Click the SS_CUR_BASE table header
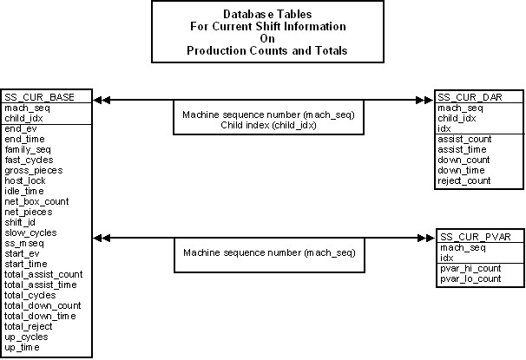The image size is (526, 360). pos(39,97)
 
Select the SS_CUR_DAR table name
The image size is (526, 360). pos(470,97)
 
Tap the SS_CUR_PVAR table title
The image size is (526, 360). pos(475,237)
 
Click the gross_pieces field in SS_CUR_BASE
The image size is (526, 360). pos(34,171)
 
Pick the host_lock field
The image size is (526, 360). pos(25,180)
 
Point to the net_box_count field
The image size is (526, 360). pos(36,201)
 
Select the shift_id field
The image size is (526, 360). pos(20,222)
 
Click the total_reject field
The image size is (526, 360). pos(28,326)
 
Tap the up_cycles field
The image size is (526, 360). pos(26,337)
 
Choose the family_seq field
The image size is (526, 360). pos(28,150)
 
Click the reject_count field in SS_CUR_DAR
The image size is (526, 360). pos(464,181)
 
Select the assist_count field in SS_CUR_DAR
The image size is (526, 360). pos(464,139)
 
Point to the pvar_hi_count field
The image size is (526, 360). pos(470,269)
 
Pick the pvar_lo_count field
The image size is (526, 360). pos(470,278)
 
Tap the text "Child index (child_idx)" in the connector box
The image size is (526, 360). pos(268,126)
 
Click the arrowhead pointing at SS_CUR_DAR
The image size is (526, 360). pos(424,100)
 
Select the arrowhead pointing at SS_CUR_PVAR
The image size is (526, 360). pos(426,238)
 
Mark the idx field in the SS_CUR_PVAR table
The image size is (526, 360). pos(446,259)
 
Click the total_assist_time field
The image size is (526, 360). pos(41,285)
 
